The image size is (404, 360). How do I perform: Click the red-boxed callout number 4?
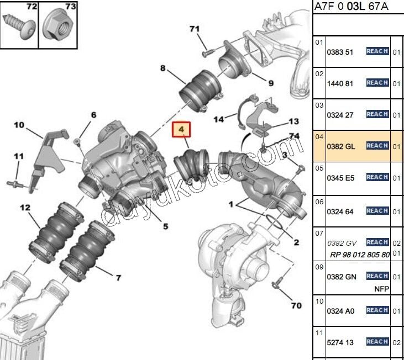[183, 131]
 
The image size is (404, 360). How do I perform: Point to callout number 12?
[25, 208]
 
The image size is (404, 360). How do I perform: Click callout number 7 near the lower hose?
[118, 277]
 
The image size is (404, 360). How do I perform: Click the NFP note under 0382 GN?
[381, 289]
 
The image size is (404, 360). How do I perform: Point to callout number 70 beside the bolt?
[296, 305]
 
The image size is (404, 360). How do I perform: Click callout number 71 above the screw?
[193, 29]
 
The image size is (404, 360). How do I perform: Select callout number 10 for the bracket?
[19, 125]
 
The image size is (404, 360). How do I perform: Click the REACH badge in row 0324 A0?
[377, 310]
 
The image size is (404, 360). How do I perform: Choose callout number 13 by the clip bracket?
[293, 121]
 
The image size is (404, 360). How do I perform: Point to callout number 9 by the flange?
[271, 83]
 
